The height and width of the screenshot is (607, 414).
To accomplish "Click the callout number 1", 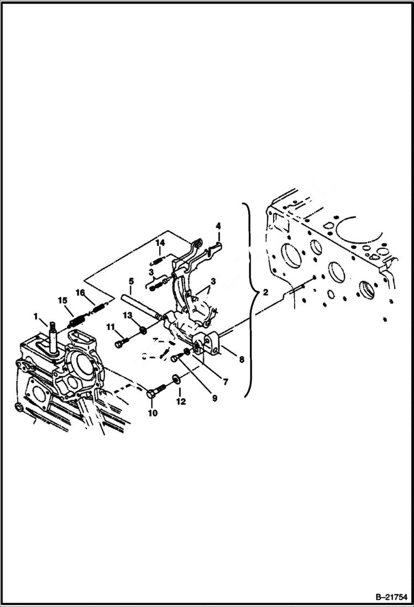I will pyautogui.click(x=35, y=316).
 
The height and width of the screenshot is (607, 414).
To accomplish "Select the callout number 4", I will pyautogui.click(x=218, y=226).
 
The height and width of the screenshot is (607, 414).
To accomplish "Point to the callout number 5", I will pyautogui.click(x=131, y=281).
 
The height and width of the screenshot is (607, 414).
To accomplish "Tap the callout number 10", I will pyautogui.click(x=152, y=412).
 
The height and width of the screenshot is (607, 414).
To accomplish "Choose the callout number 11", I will pyautogui.click(x=111, y=328).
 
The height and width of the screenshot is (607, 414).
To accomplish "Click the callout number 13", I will pyautogui.click(x=128, y=315).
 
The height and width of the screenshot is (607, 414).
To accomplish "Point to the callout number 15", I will pyautogui.click(x=62, y=300).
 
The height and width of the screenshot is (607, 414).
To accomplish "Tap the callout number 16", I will pyautogui.click(x=80, y=293).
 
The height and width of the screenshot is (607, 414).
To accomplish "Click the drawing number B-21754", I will pyautogui.click(x=387, y=598).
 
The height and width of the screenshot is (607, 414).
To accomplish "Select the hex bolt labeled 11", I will pyautogui.click(x=122, y=344).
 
